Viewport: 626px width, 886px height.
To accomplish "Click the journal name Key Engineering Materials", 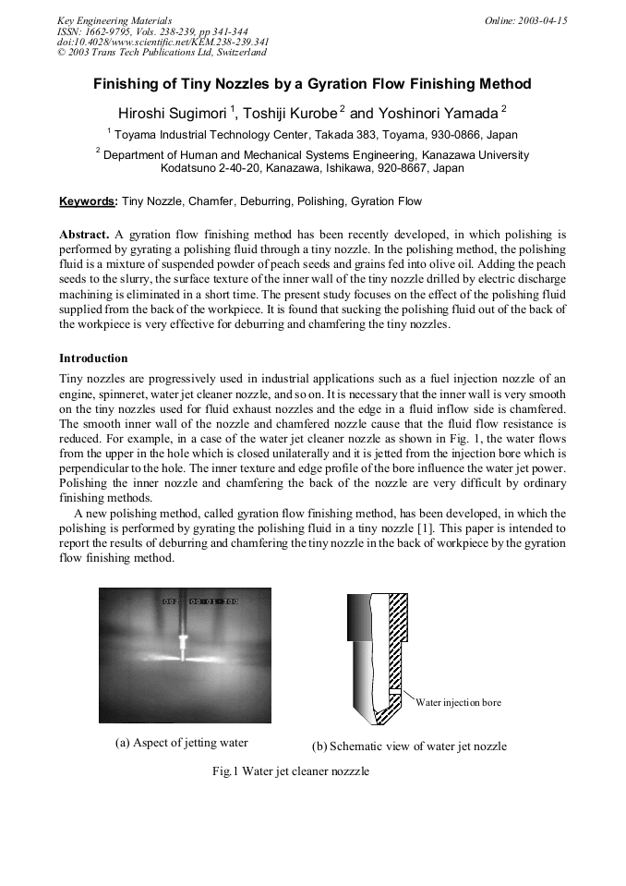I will click(x=114, y=20).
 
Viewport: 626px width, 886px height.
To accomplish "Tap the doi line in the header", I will click(x=163, y=42).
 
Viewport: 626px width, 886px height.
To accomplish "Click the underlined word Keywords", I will click(x=88, y=200).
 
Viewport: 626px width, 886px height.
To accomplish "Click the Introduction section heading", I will click(x=93, y=358).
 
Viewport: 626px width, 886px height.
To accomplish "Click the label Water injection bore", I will click(x=459, y=703).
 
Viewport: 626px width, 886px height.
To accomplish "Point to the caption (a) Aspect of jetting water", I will click(x=181, y=743).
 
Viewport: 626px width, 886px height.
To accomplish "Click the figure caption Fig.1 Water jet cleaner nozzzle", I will click(x=290, y=771).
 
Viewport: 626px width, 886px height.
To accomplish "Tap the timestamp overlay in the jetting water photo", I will click(x=200, y=601).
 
